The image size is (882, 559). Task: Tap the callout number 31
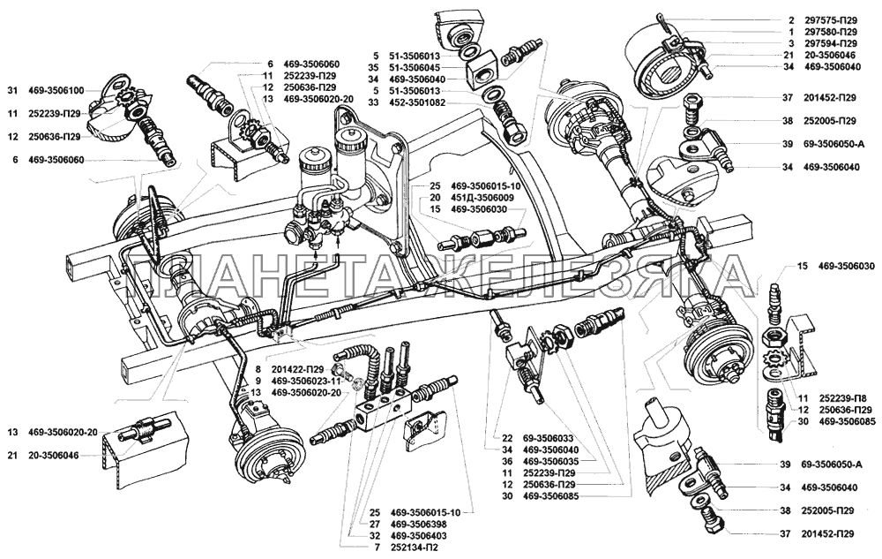point(12,90)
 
